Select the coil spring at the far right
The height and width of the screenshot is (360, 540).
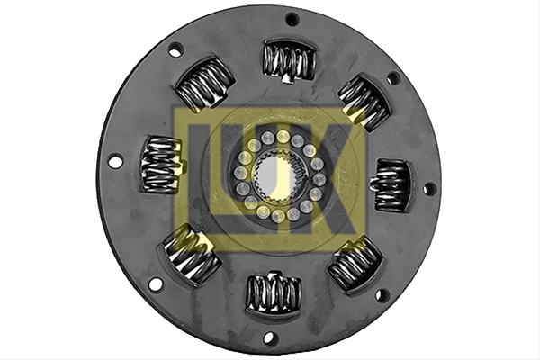pyautogui.click(x=391, y=185)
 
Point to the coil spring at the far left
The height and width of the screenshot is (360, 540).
pyautogui.click(x=163, y=164)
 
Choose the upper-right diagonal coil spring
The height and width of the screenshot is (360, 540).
pyautogui.click(x=365, y=102)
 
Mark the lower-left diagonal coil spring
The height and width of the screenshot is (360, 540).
pyautogui.click(x=191, y=254)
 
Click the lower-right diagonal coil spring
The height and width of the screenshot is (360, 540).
pyautogui.click(x=355, y=265)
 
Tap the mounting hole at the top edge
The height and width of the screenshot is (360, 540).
pyautogui.click(x=292, y=19)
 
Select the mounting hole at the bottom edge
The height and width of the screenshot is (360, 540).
pyautogui.click(x=269, y=337)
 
